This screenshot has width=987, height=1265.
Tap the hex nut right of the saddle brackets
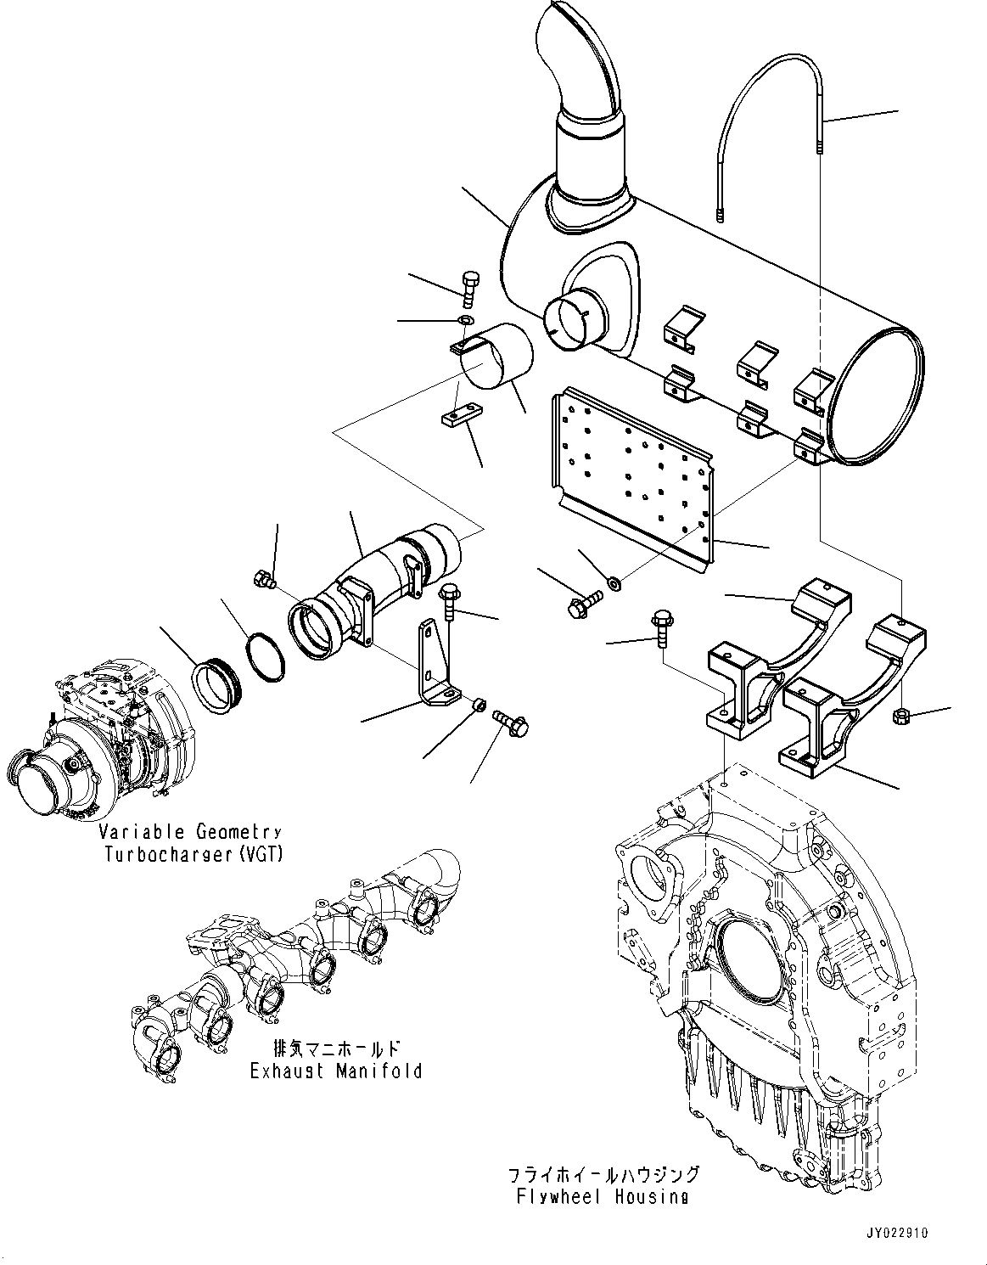(900, 717)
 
